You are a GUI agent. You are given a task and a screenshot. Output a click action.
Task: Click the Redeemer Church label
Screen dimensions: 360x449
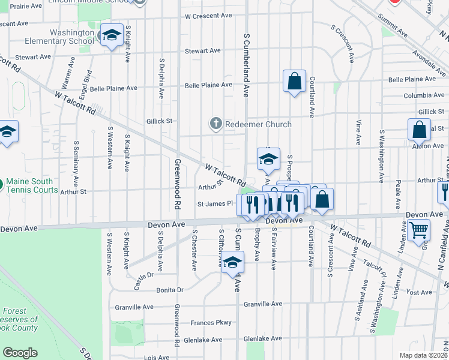(x=258, y=124)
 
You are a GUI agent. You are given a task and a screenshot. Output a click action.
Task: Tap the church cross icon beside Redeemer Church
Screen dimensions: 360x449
(x=216, y=124)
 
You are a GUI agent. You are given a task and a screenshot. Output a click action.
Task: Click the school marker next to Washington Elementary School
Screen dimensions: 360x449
(x=112, y=37)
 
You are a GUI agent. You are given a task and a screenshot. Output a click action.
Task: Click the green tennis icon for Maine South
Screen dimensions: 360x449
(x=2, y=182)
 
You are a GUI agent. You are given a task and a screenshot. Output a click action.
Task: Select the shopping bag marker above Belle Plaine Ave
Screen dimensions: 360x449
(x=295, y=82)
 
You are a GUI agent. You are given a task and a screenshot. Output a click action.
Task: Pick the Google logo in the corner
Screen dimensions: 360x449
(x=20, y=353)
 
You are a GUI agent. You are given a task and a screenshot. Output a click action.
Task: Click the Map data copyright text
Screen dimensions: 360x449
(x=423, y=355)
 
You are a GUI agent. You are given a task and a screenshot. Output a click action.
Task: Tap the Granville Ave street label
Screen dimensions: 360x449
(x=262, y=304)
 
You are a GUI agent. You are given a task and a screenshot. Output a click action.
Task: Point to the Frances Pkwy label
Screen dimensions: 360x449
(x=211, y=323)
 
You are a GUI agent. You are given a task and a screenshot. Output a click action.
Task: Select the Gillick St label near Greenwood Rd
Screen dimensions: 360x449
(x=159, y=121)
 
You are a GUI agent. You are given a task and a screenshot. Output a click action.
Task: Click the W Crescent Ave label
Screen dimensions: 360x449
(x=208, y=16)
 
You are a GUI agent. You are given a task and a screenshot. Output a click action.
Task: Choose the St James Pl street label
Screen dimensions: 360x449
(x=215, y=204)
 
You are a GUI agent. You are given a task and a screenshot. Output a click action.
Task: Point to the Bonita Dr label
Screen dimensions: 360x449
(x=169, y=289)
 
